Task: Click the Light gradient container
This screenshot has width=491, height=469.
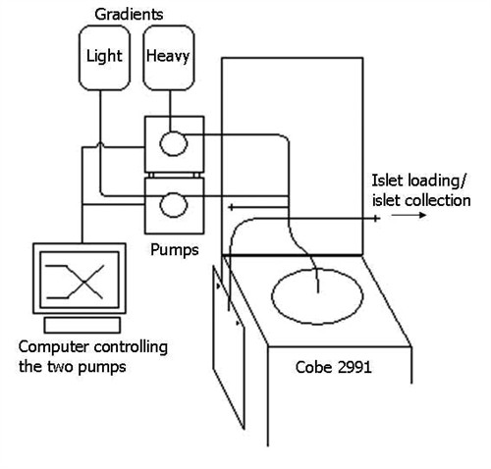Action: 104,58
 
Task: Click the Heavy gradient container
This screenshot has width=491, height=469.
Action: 169,58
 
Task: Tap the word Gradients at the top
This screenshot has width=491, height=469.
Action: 129,15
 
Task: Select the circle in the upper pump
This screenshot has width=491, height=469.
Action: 174,143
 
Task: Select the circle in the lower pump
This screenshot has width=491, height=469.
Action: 174,205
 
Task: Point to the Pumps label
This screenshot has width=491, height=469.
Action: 175,250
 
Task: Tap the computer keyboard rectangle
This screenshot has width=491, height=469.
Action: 82,326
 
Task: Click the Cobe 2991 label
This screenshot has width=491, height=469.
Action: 333,367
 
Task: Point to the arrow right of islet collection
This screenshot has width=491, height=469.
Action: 409,215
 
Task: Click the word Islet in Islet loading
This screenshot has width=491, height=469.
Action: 382,181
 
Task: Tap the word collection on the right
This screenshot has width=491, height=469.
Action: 437,201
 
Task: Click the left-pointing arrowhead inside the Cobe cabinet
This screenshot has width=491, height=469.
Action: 231,207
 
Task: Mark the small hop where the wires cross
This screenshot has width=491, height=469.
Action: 100,145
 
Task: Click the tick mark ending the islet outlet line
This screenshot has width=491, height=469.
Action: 376,218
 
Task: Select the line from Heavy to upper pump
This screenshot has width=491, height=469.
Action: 170,111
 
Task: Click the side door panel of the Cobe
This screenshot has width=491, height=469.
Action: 229,347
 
